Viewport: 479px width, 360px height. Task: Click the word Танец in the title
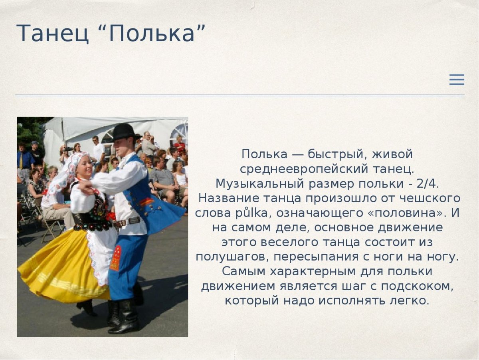(52, 34)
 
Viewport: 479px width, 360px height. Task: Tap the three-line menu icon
(457, 80)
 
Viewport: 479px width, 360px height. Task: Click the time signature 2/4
(428, 183)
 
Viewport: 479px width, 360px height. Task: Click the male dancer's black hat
(124, 132)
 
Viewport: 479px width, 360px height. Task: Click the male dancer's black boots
(126, 318)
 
